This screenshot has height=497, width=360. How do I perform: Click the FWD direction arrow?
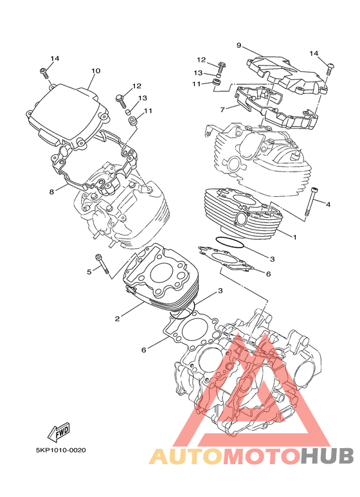[59, 432]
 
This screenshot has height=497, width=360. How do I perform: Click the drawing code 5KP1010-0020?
[60, 450]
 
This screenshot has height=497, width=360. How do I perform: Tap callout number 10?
[96, 71]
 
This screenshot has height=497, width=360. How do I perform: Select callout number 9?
[239, 45]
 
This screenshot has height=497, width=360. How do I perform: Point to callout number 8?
[51, 192]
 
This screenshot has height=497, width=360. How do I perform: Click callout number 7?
[222, 110]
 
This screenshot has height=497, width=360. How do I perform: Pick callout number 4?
[328, 204]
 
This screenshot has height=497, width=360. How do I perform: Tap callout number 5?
[89, 271]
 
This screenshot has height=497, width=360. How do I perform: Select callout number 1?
[294, 237]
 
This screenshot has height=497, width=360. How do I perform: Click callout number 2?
[117, 318]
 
